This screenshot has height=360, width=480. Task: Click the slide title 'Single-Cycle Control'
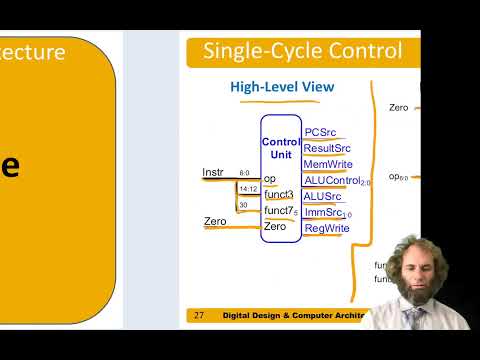tap(302, 51)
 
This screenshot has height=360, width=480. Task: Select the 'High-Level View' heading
tap(282, 88)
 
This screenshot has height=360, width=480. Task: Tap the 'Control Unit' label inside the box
tap(280, 149)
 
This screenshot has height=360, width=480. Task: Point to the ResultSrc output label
tap(326, 148)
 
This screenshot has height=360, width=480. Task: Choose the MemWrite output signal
tap(326, 164)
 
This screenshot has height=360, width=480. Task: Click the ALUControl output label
tap(331, 181)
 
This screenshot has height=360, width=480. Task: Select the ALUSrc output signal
tap(323, 197)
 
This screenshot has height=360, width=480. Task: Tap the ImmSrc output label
tap(323, 213)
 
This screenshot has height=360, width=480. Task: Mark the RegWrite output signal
tap(326, 229)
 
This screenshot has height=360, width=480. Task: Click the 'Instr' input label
tap(214, 172)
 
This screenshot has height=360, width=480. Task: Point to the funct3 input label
tap(279, 194)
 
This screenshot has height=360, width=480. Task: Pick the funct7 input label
tap(279, 210)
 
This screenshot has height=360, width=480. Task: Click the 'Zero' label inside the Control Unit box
tap(275, 227)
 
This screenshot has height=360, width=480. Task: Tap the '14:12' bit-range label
tap(247, 188)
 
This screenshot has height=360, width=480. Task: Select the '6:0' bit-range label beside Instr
tap(245, 172)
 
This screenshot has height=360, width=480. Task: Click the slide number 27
tap(199, 315)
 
